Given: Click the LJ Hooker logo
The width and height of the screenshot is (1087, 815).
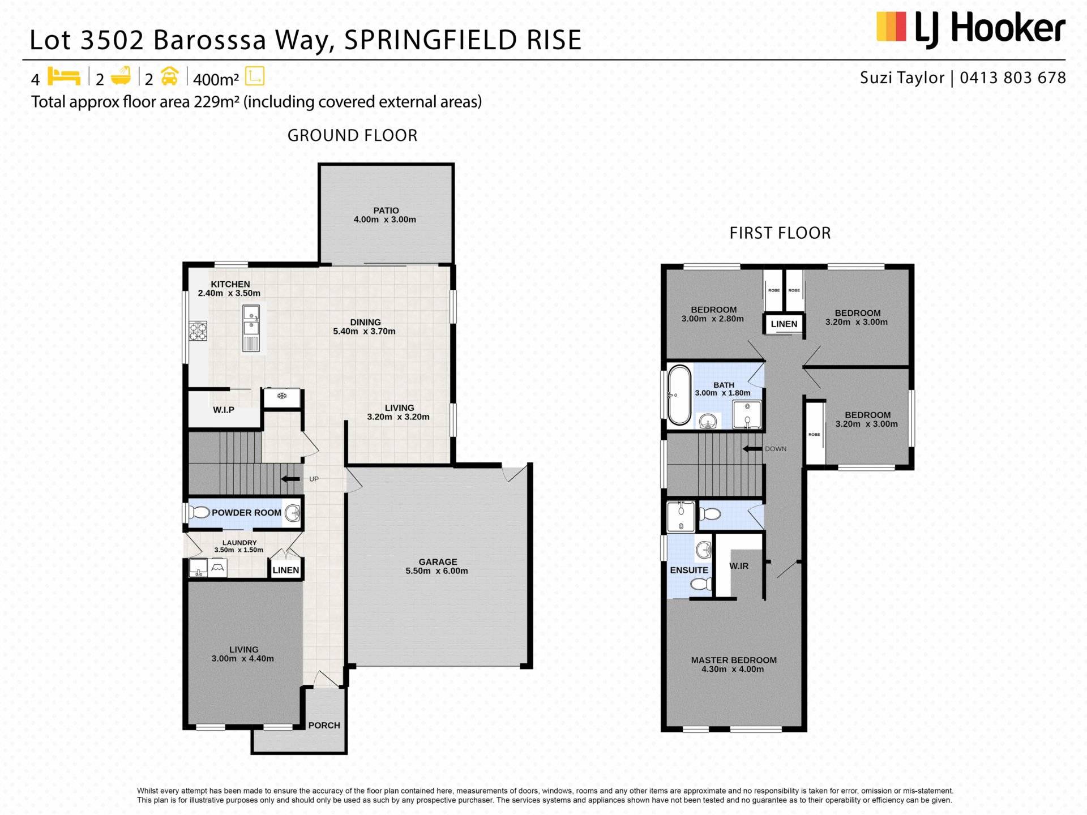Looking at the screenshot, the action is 970,28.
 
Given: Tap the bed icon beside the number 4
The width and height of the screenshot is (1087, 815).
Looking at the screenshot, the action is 64,76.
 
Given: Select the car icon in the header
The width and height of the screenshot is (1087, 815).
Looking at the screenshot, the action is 170,76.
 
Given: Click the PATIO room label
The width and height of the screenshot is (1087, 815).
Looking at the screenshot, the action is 386,211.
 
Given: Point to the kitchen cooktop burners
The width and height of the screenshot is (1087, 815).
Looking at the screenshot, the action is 198,331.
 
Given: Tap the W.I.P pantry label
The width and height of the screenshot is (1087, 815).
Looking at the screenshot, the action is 224,410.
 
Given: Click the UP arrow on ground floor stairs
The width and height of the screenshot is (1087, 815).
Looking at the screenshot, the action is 291,479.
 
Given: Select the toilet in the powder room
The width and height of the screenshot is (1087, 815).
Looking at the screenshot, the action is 198,513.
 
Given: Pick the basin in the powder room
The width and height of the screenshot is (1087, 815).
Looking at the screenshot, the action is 292,513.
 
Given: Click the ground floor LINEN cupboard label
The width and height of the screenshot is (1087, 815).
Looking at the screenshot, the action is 286,570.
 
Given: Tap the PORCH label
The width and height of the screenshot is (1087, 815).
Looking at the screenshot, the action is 324,725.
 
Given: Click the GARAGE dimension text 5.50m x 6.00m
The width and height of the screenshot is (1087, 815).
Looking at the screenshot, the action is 437,571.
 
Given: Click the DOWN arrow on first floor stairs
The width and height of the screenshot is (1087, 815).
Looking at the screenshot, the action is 752,449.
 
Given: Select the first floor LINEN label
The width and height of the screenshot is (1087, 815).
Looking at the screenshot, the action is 784,324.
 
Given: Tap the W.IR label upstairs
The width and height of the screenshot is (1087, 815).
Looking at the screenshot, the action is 739,566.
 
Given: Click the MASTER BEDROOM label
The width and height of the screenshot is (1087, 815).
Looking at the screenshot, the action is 734,660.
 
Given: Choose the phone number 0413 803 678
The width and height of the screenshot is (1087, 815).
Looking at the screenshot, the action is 1013,78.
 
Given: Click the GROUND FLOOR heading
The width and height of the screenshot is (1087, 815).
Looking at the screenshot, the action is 352,135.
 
